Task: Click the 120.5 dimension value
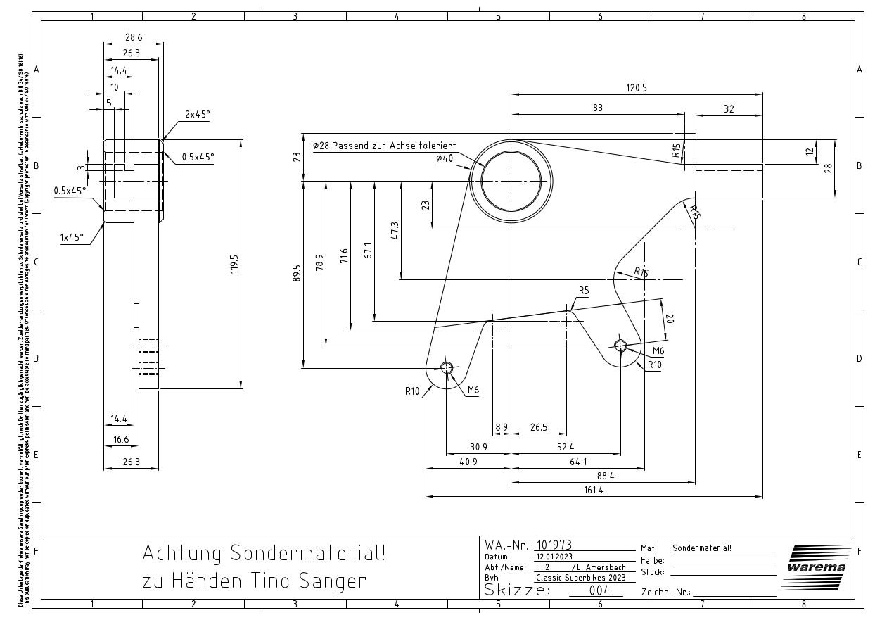coord(637,88)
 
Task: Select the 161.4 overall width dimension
coord(593,491)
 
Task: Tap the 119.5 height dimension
coord(235,264)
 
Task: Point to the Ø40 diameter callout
coord(445,158)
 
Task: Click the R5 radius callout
coord(584,291)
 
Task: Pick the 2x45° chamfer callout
coord(198,114)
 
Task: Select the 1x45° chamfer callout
coord(72,237)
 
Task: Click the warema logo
coord(816,567)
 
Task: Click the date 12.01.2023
coord(554,556)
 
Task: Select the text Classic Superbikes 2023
coord(580,578)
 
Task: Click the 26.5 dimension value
coord(539,427)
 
